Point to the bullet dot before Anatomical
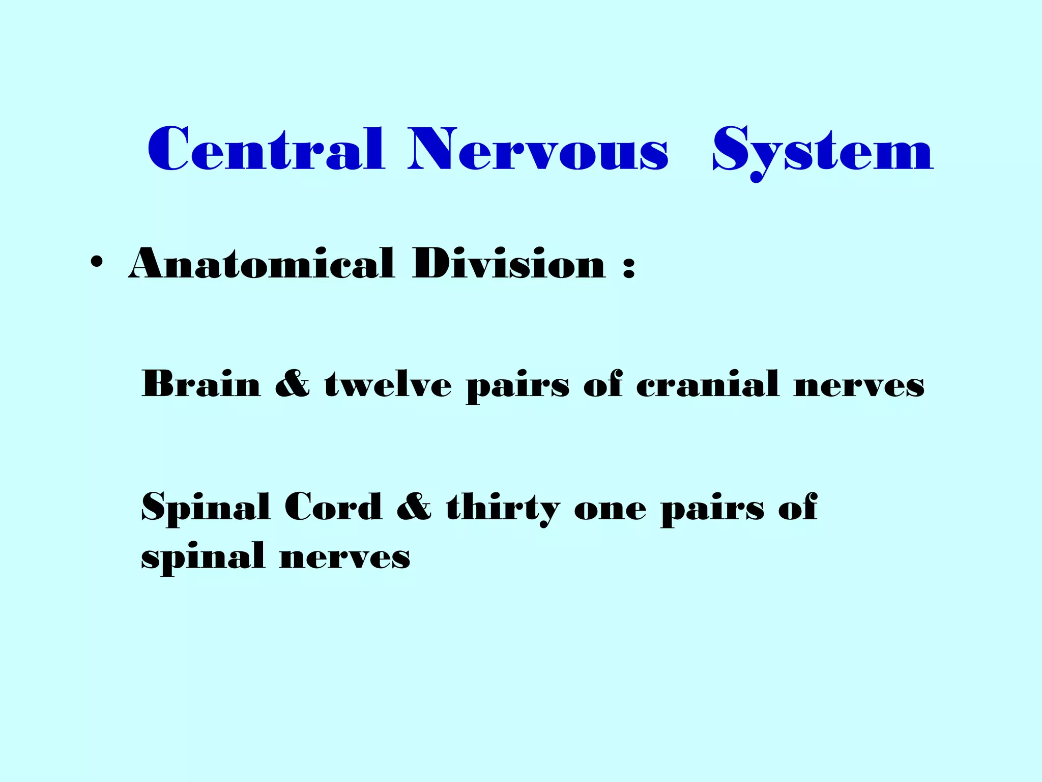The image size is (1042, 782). click(x=96, y=264)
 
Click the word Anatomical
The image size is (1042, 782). click(x=262, y=264)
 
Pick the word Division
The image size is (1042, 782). click(x=509, y=264)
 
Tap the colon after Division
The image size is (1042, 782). click(x=629, y=266)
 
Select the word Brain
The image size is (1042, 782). click(x=201, y=384)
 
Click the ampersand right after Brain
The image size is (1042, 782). click(x=292, y=384)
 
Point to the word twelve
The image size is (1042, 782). click(x=388, y=384)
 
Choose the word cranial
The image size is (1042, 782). click(x=707, y=384)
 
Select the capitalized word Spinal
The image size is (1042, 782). click(x=206, y=508)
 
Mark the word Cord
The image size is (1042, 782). click(x=333, y=507)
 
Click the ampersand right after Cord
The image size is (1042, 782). click(x=414, y=507)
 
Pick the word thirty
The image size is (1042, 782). click(x=503, y=508)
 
